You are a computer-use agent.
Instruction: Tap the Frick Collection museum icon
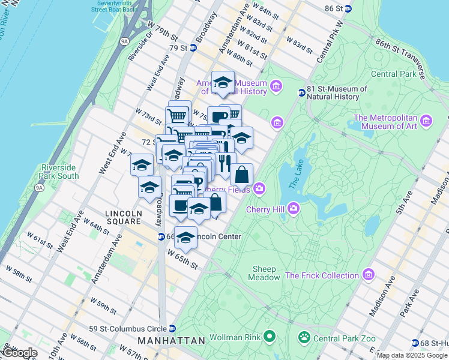[x=368, y=275]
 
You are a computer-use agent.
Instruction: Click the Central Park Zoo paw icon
[x=305, y=338]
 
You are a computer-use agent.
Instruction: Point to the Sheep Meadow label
[x=264, y=273]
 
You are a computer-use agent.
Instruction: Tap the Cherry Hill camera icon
[x=293, y=208]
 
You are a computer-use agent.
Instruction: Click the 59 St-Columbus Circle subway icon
[x=172, y=328]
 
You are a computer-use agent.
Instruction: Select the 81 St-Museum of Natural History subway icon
[x=302, y=92]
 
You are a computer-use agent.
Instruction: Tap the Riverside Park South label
[x=59, y=172]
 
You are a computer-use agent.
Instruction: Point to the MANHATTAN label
[x=171, y=341]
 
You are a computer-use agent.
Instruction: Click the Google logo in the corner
[x=19, y=353]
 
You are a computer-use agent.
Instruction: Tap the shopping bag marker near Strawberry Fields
[x=241, y=175]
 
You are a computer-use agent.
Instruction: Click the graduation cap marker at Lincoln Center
[x=185, y=238]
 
